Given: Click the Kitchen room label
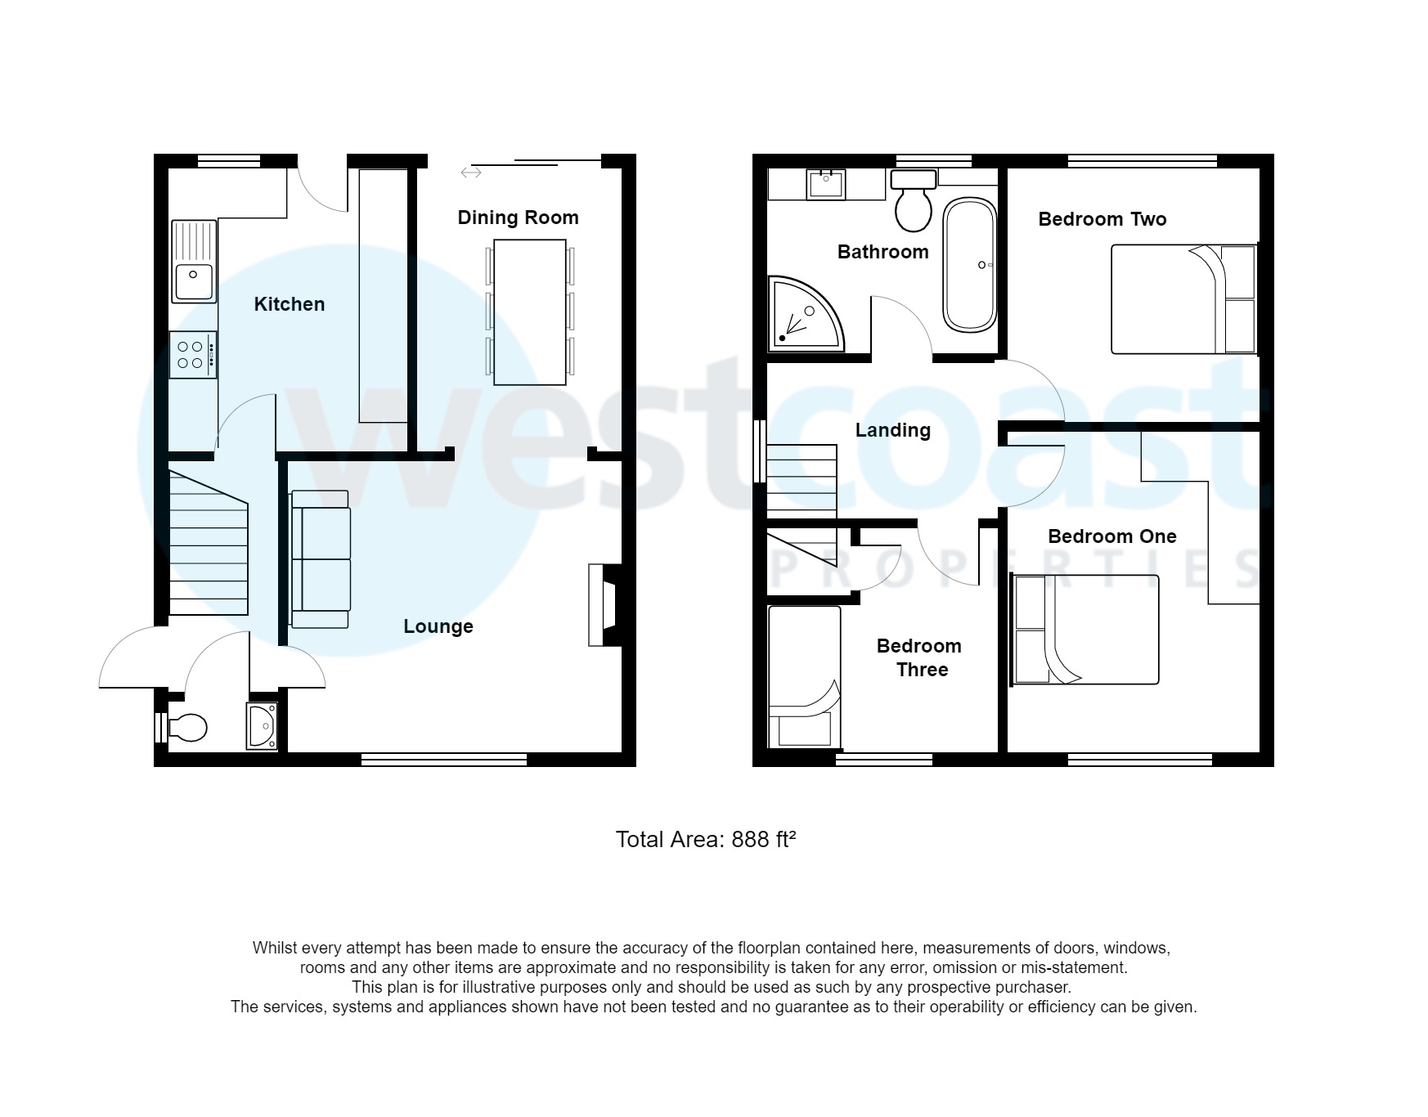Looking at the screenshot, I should tap(289, 304).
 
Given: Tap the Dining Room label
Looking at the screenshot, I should tap(518, 218).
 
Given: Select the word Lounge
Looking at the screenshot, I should tap(438, 626).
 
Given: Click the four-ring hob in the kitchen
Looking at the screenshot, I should tap(193, 355).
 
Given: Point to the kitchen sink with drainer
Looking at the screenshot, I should tap(194, 261).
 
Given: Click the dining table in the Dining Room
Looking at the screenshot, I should tap(529, 312).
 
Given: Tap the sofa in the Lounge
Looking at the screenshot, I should tap(320, 559).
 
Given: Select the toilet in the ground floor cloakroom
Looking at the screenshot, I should tap(187, 727).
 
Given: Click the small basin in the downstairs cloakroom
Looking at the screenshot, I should tap(263, 725).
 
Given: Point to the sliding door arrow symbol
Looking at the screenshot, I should tap(470, 173).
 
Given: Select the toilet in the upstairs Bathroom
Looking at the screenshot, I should tap(913, 201).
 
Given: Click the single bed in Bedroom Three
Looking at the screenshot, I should tap(804, 676).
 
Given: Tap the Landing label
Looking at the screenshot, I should tap(892, 430).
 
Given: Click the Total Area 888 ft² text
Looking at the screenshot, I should tap(705, 840).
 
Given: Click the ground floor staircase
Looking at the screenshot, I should tap(208, 544).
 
